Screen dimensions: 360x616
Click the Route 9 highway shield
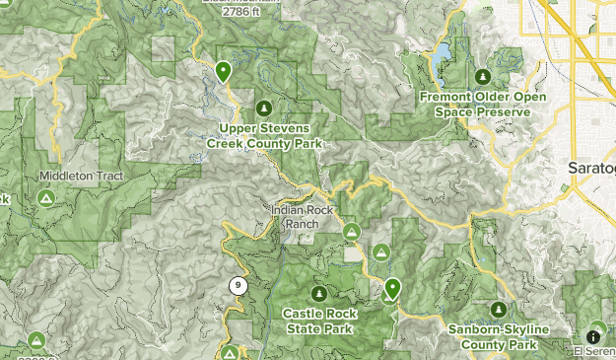tap(238, 286)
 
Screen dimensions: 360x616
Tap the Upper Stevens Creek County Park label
tap(264, 136)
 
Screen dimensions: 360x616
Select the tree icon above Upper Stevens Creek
tap(263, 108)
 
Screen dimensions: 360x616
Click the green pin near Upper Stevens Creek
tap(224, 71)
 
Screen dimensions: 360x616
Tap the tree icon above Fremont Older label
tap(482, 76)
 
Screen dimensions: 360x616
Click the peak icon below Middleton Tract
tap(45, 198)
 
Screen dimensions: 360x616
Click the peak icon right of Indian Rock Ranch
tap(352, 231)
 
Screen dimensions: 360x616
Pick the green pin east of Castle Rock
tap(392, 288)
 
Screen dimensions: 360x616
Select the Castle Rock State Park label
tap(318, 320)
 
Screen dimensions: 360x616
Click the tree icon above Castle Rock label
tap(318, 293)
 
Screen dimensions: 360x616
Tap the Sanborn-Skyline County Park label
tap(492, 337)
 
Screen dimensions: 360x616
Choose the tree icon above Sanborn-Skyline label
tap(499, 310)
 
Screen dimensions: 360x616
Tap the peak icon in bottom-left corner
tap(36, 340)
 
